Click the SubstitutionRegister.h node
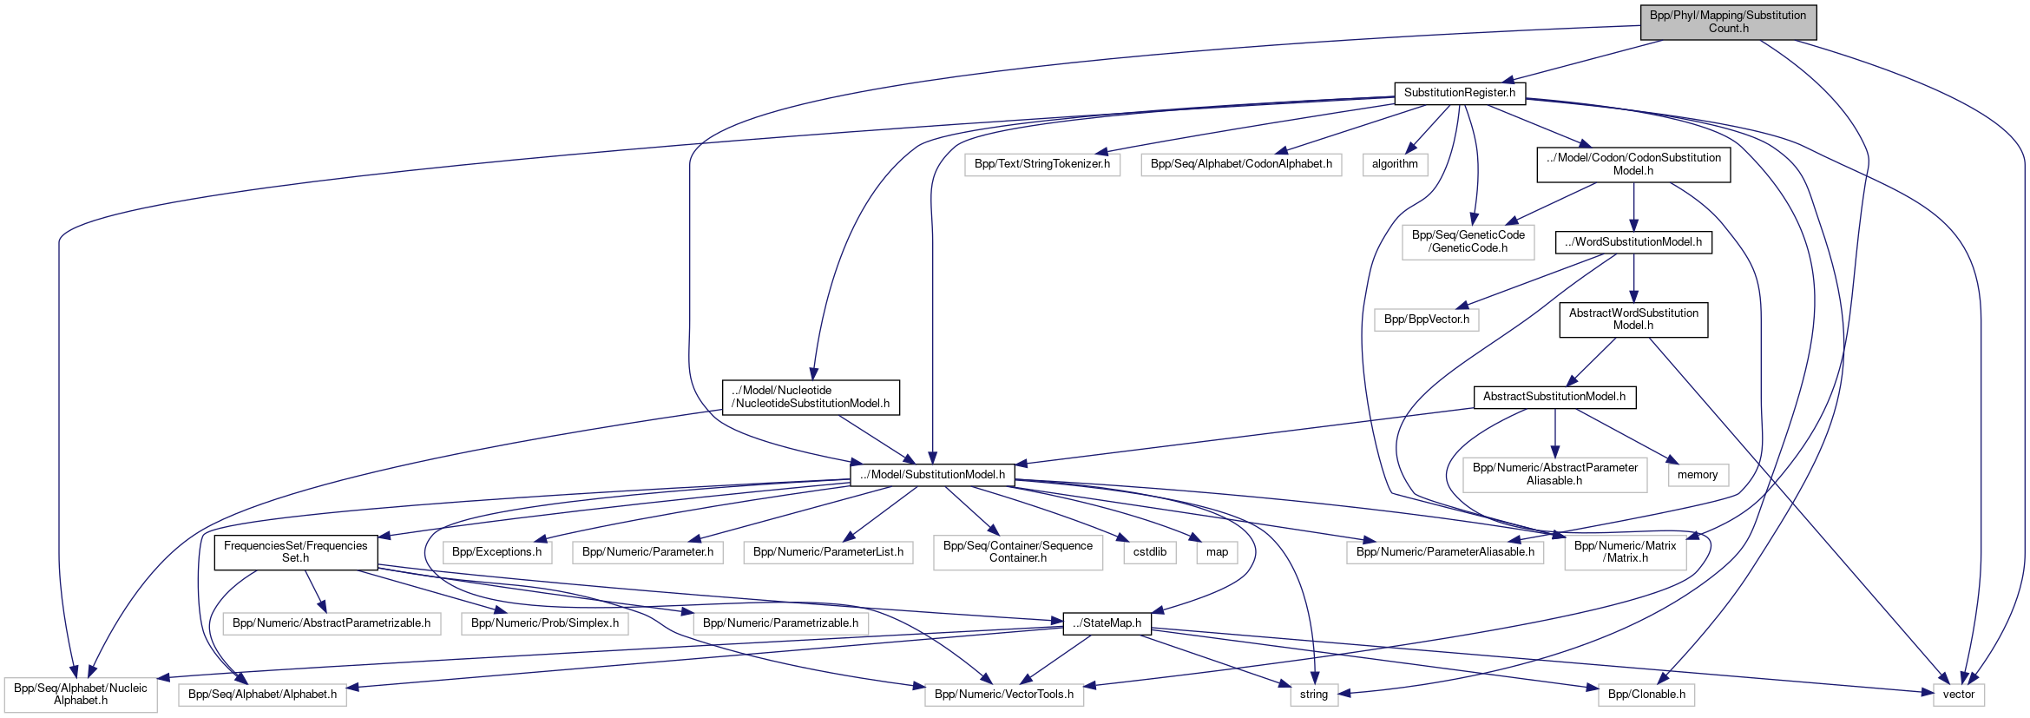tap(1459, 93)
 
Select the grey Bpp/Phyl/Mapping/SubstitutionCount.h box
tap(1728, 22)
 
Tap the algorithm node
tap(1395, 164)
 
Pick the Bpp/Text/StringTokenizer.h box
tap(1041, 164)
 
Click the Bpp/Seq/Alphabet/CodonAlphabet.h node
tap(1241, 164)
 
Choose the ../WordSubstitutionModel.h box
tap(1633, 242)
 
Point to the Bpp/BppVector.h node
tap(1427, 319)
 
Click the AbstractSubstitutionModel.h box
tap(1554, 397)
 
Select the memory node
tap(1697, 475)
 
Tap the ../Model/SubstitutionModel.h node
tap(932, 475)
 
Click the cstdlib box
tap(1150, 552)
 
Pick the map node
tap(1217, 552)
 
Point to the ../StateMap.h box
tap(1107, 623)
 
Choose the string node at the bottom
tap(1313, 695)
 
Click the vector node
tap(1958, 695)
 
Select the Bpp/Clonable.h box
tap(1646, 695)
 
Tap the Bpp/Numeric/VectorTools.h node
tap(1003, 695)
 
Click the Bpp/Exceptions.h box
tap(496, 552)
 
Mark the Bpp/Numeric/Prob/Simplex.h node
tap(544, 623)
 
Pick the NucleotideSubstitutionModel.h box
tap(811, 398)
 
